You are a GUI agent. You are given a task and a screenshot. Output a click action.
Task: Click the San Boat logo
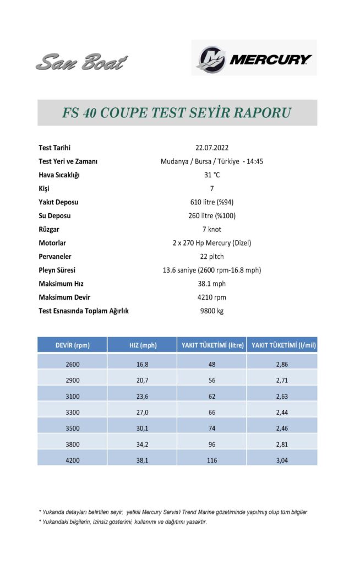tap(81, 62)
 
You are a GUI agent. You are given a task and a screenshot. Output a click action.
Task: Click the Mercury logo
tap(254, 57)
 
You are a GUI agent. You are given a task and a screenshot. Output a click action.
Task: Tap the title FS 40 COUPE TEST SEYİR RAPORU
tap(177, 113)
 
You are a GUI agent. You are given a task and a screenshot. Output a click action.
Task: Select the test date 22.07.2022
tap(211, 148)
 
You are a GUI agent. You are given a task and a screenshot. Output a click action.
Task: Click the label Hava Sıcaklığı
tap(59, 175)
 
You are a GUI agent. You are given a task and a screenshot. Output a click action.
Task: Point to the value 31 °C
tap(212, 175)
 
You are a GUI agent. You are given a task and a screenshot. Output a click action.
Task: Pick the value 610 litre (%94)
tap(212, 202)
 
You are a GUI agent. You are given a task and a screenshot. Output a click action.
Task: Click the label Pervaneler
tap(55, 256)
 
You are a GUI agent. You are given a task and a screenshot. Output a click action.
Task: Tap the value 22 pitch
tap(212, 256)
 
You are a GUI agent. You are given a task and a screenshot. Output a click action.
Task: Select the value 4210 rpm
tap(212, 297)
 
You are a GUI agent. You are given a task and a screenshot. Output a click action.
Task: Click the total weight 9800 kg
tap(212, 311)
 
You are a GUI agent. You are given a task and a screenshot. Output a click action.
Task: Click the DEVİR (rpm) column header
tap(72, 345)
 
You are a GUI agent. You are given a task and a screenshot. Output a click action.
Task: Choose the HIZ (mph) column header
tap(142, 345)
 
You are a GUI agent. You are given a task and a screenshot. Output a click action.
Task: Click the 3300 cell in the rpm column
tap(72, 411)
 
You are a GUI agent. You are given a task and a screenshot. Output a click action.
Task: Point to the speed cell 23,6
tap(142, 395)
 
